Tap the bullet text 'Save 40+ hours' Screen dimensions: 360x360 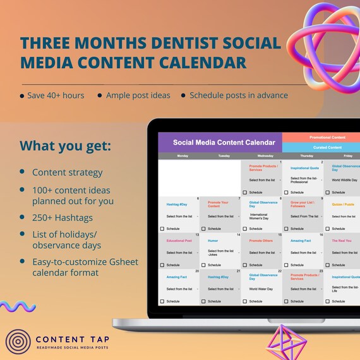[56, 95]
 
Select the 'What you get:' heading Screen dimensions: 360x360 [65, 146]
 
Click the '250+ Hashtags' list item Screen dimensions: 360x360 [62, 217]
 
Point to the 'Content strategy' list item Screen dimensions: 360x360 [67, 172]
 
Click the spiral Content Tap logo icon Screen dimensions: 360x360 [18, 341]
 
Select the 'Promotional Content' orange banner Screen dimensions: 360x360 [321, 137]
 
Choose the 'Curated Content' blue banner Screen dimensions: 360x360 [321, 147]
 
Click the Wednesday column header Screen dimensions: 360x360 [261, 155]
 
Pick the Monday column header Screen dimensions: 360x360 [182, 155]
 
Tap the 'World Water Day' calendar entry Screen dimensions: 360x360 [261, 289]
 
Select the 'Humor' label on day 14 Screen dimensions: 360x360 [213, 241]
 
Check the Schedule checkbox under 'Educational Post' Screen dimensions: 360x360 [162, 265]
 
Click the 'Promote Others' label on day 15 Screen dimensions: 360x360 [261, 241]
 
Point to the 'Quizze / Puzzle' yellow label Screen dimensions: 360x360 [343, 204]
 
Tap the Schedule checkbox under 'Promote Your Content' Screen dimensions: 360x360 [203, 229]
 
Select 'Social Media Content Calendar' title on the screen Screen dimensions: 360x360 [224, 143]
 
